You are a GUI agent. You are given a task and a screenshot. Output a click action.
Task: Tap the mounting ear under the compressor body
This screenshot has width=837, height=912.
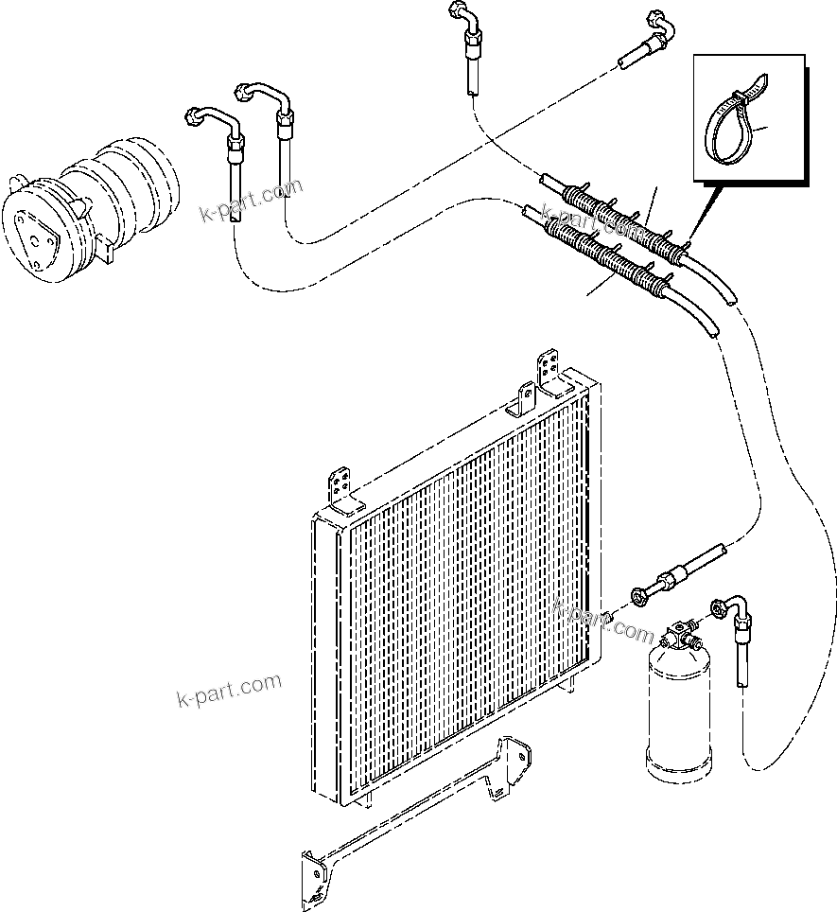point(106,248)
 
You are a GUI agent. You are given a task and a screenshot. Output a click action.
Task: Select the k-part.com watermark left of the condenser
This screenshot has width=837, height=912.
point(229,691)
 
